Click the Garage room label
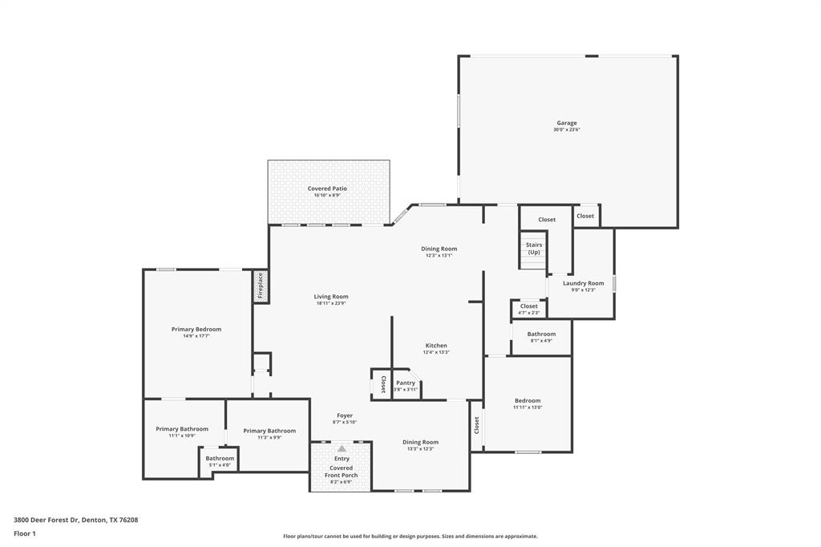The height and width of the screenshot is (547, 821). [x=567, y=123]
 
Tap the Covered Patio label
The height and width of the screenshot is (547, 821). [x=327, y=188]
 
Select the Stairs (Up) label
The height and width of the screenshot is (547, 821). [x=534, y=248]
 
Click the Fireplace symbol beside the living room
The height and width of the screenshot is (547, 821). [x=260, y=286]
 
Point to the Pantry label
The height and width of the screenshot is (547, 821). [x=406, y=383]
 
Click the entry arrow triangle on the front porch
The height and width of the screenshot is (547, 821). [x=342, y=449]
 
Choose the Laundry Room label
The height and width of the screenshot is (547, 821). [x=583, y=283]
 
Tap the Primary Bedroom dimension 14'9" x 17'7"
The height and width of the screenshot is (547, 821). [x=196, y=336]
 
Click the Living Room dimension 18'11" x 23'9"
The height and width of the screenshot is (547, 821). [x=331, y=303]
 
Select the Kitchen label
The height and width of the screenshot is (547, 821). [x=436, y=346]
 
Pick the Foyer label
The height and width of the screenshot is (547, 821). [x=345, y=415]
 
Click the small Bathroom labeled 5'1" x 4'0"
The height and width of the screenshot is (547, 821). [x=220, y=458]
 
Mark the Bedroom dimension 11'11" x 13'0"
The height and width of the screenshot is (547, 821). [x=528, y=407]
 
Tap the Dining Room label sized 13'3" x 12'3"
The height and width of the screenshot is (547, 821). [x=420, y=442]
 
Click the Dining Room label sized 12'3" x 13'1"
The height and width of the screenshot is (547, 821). [x=439, y=249]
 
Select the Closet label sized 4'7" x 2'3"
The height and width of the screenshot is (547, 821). [x=529, y=306]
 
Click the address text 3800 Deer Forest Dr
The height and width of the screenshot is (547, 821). [x=46, y=520]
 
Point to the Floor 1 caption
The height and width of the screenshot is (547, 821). [x=23, y=533]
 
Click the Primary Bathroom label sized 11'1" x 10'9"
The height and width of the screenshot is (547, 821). [x=182, y=429]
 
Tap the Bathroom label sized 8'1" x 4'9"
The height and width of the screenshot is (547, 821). [x=541, y=334]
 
